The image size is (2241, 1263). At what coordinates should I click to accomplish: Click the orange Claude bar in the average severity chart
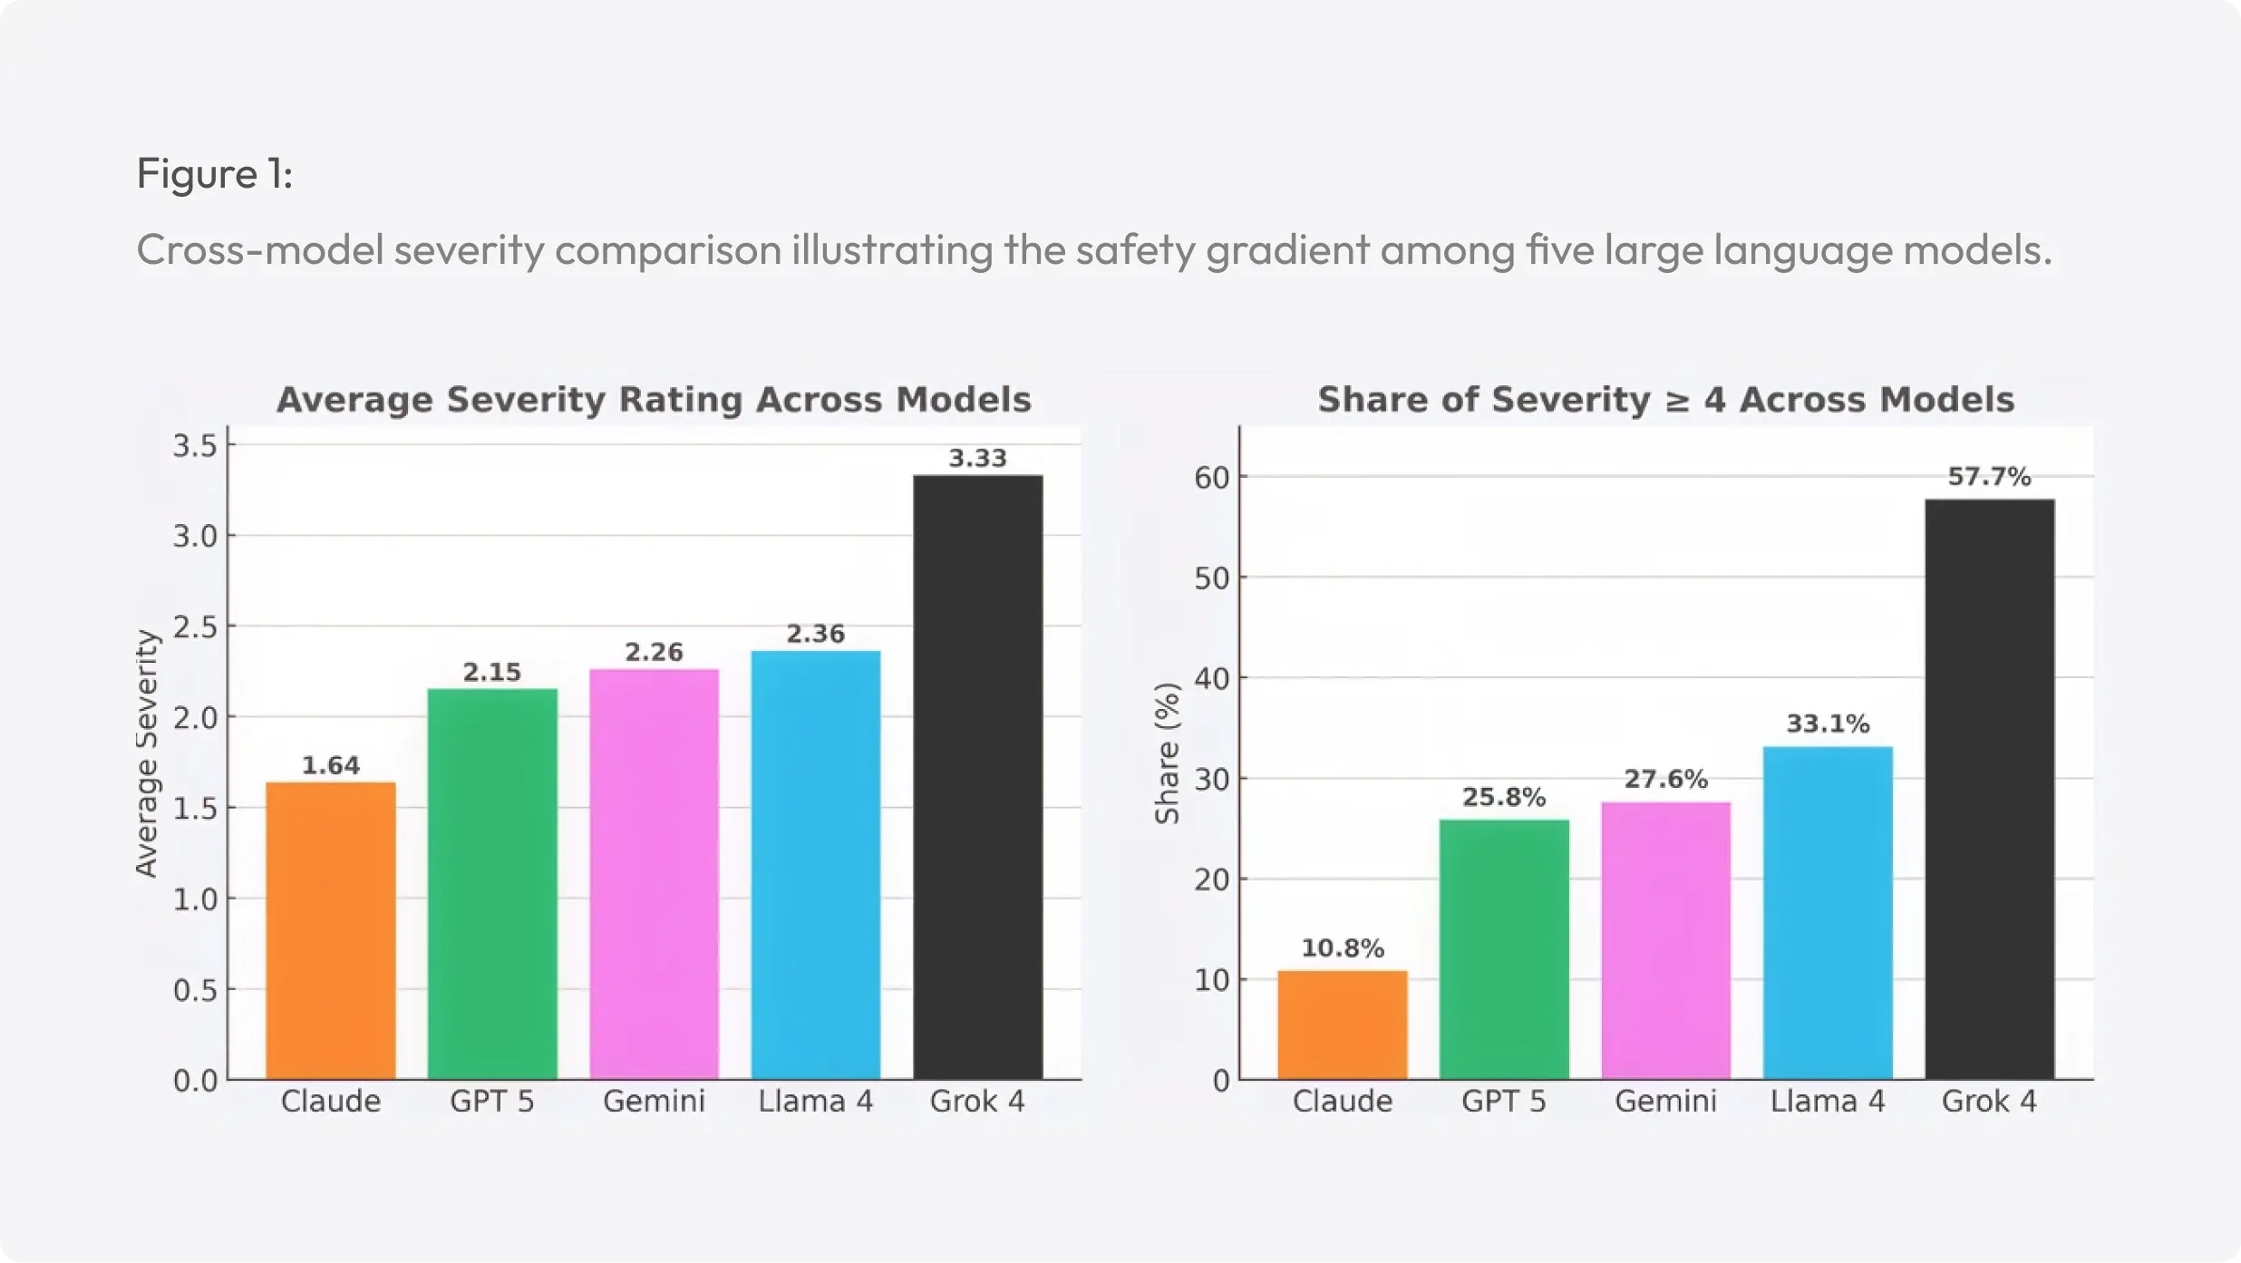coord(330,930)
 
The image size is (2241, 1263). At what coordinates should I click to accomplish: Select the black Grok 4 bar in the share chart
coord(1989,789)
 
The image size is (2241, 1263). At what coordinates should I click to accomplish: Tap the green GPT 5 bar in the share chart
coord(1503,949)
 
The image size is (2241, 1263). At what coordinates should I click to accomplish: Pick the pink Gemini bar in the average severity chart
coord(654,874)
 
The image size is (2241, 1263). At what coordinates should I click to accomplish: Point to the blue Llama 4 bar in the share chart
coord(1827,912)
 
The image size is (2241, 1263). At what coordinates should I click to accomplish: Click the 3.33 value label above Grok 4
coord(977,458)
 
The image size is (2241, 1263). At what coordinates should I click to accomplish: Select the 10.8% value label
coord(1342,948)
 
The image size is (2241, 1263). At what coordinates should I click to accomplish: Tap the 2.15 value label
coord(491,672)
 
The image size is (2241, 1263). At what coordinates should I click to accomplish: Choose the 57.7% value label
coord(1989,476)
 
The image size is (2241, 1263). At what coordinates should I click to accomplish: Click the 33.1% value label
coord(1827,724)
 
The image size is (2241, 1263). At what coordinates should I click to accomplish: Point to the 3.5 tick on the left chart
coord(195,445)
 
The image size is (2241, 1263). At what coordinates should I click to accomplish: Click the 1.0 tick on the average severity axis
coord(195,899)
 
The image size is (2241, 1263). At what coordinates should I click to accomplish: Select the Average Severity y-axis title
coord(146,753)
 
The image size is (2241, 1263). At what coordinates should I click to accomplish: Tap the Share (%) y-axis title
coord(1166,753)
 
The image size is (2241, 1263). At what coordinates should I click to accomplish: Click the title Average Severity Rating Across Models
coord(654,400)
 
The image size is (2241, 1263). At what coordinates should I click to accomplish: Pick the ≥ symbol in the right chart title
coord(1677,401)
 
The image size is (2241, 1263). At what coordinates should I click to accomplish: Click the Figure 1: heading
coord(215,173)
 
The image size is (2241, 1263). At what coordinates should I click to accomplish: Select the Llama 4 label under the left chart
coord(815,1102)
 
